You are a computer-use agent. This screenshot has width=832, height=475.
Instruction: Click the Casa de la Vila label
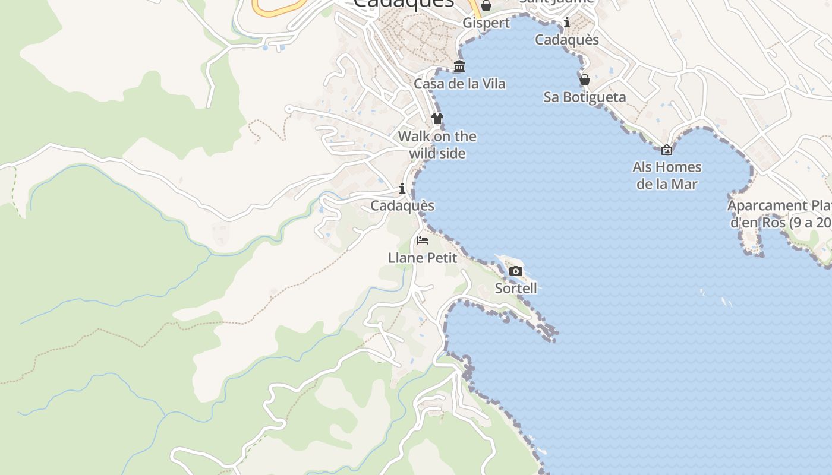pyautogui.click(x=459, y=84)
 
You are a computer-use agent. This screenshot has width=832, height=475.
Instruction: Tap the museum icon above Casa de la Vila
pyautogui.click(x=459, y=66)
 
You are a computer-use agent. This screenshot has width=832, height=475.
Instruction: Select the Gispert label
pyautogui.click(x=486, y=23)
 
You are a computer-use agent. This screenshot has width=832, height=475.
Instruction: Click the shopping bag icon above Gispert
pyautogui.click(x=486, y=6)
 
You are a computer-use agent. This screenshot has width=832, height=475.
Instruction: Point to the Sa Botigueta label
pyautogui.click(x=585, y=97)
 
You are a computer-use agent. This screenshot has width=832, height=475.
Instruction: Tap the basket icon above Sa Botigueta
pyautogui.click(x=585, y=80)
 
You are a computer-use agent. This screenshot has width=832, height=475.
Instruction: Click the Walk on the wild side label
pyautogui.click(x=437, y=145)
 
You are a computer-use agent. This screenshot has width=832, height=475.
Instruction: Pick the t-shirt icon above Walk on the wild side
pyautogui.click(x=437, y=119)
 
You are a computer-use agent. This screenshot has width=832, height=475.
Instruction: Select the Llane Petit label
pyautogui.click(x=423, y=258)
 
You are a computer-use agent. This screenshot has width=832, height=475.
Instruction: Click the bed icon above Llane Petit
pyautogui.click(x=423, y=240)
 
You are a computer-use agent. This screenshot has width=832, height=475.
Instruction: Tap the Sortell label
pyautogui.click(x=516, y=288)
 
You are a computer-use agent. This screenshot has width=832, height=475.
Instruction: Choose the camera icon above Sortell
pyautogui.click(x=516, y=271)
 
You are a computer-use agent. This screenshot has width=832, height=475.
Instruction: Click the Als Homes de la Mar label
pyautogui.click(x=667, y=175)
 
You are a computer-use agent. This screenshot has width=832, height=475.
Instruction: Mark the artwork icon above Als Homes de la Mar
pyautogui.click(x=667, y=150)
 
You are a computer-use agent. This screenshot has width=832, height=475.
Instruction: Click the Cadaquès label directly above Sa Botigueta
pyautogui.click(x=567, y=40)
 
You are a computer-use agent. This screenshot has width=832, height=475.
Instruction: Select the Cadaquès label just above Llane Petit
pyautogui.click(x=402, y=205)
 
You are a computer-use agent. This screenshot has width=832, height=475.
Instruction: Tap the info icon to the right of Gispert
pyautogui.click(x=567, y=23)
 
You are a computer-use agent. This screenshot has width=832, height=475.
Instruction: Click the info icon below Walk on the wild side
pyautogui.click(x=402, y=189)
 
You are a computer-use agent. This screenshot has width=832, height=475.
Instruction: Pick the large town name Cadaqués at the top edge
pyautogui.click(x=404, y=4)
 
